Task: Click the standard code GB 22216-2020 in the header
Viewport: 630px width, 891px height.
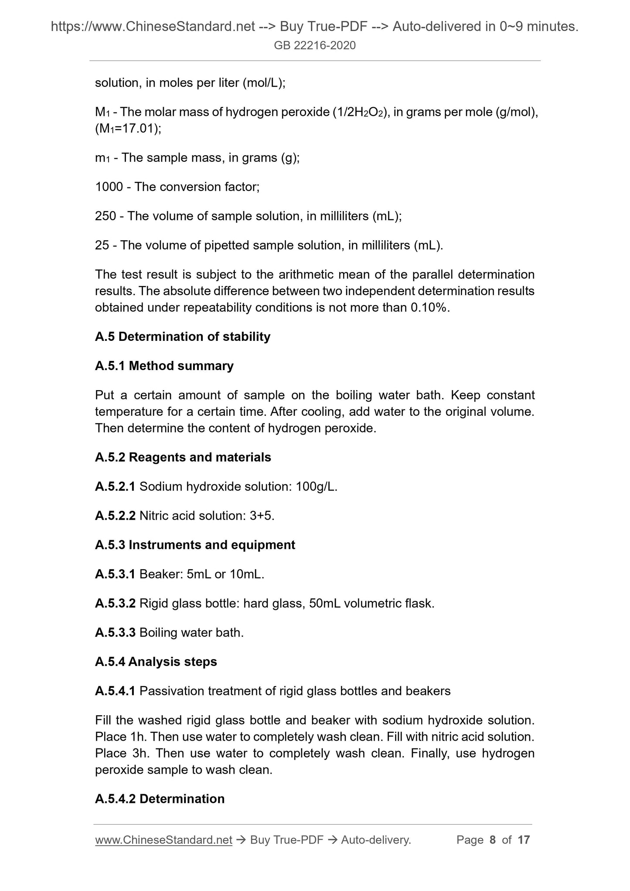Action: [x=315, y=45]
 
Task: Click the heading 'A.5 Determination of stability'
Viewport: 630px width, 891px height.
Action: [x=183, y=337]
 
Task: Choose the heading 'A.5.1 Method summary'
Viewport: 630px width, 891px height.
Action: [x=164, y=366]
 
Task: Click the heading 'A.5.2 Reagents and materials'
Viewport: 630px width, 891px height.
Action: [x=183, y=458]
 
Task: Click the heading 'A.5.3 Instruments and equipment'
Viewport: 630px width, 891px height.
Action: [x=195, y=545]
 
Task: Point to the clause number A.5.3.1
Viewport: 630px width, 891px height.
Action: [x=115, y=575]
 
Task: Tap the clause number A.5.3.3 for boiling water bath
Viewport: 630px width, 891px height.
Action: [x=115, y=633]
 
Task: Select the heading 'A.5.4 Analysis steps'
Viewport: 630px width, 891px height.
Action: [x=156, y=662]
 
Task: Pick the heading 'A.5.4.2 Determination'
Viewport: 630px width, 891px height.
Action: [x=160, y=799]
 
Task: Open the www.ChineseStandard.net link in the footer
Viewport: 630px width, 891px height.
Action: [x=163, y=840]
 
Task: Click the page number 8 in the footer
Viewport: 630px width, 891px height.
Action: [x=493, y=840]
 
